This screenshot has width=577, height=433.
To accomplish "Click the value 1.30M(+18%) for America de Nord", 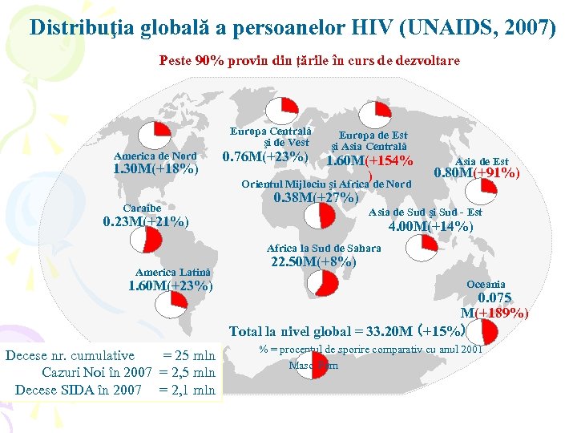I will (155, 170).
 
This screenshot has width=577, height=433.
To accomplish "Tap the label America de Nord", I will (155, 156).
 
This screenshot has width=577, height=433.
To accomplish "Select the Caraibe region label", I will (142, 208).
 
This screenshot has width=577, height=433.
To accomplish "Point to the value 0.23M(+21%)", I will (146, 222).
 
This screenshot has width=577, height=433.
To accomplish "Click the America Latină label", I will (174, 273).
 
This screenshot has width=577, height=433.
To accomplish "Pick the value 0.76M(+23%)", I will (264, 156).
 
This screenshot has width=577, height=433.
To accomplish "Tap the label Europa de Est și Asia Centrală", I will (373, 141).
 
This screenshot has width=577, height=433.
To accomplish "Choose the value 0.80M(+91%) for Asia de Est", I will (477, 173).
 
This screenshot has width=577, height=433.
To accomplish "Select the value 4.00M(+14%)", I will (430, 227).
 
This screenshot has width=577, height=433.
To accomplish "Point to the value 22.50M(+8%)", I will (313, 262).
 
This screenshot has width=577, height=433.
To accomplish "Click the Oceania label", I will (486, 285).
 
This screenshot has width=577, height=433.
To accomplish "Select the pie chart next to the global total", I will (476, 330).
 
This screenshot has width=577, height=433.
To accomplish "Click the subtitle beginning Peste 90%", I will (309, 60).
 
